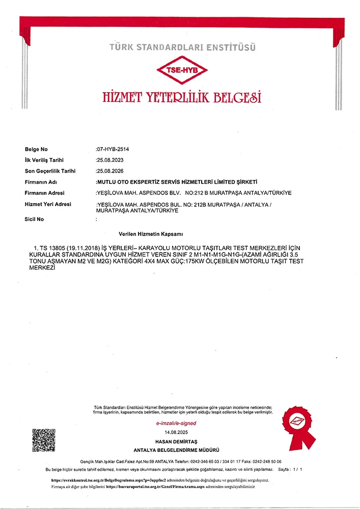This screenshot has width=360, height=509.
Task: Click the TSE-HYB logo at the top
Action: (x=182, y=71)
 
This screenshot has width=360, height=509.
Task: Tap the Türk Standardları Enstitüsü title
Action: (x=182, y=48)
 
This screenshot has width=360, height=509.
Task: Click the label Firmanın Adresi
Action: (x=44, y=193)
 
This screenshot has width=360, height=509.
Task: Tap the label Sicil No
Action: (x=34, y=219)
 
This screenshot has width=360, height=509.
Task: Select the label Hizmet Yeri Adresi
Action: (x=48, y=204)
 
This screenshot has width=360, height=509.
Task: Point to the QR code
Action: (x=44, y=441)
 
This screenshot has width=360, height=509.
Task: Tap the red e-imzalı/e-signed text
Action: (x=176, y=423)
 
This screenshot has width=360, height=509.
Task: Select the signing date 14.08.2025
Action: (x=176, y=432)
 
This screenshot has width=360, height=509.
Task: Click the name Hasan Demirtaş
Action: (x=176, y=440)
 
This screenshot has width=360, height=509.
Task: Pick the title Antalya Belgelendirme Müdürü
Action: (x=176, y=450)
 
